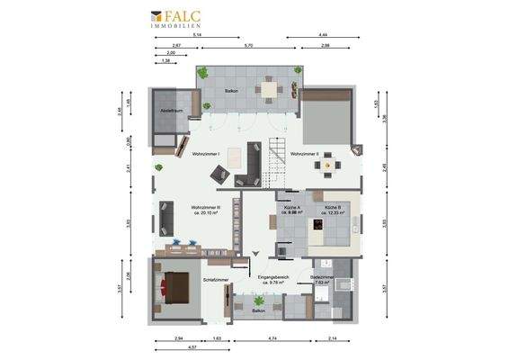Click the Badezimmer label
pyautogui.click(x=322, y=278)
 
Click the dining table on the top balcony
pyautogui.click(x=269, y=88)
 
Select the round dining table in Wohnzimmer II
pyautogui.click(x=328, y=163)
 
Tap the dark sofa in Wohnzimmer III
pyautogui.click(x=167, y=217)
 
